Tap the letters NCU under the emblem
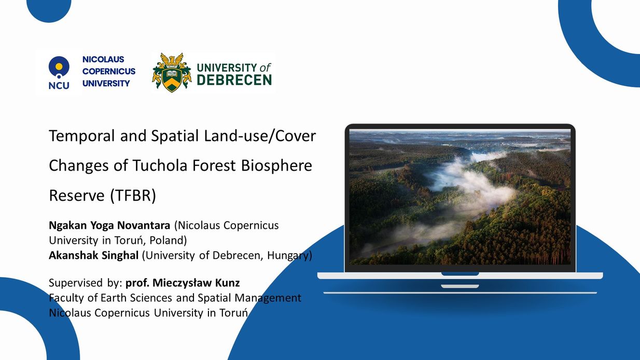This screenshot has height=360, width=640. coord(59,86)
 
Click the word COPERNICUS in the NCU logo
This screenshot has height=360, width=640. coord(109,71)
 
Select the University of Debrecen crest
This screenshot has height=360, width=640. coord(172,72)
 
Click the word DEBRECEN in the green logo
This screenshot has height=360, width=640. coord(234,80)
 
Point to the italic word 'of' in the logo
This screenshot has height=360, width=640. coord(265,68)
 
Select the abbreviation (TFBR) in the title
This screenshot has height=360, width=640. coord(133,196)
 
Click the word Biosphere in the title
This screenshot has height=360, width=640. coord(276,166)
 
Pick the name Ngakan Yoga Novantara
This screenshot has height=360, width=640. coord(109,226)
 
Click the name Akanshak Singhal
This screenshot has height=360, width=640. coord(94,255)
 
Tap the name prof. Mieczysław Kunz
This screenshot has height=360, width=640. coord(183,283)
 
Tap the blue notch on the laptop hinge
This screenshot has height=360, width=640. coord(460,274)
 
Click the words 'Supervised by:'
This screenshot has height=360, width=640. coord(86,283)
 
